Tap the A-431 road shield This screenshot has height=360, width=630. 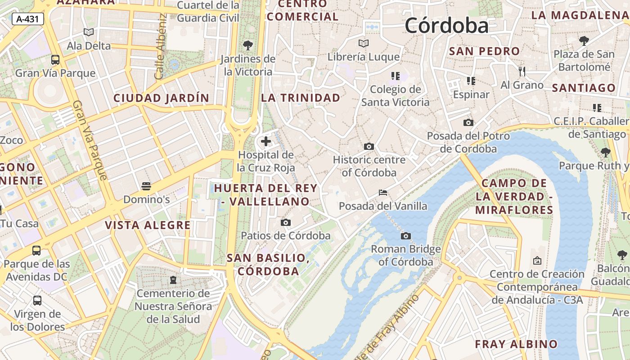point(28,19)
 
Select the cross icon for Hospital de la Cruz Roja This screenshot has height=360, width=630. point(266,141)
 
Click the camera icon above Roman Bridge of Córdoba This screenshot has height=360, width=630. point(406,236)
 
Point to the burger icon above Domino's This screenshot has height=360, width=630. point(146,186)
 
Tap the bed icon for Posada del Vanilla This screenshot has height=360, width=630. point(383,193)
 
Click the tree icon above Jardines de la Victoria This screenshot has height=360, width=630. point(247,45)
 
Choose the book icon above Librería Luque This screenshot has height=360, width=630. point(364,44)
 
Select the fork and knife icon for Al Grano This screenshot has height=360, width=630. point(522,71)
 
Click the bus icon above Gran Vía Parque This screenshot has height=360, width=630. point(55,60)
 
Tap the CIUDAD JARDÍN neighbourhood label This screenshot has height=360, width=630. point(161,98)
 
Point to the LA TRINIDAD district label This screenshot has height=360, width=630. point(301,98)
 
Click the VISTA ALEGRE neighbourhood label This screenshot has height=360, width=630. point(148,225)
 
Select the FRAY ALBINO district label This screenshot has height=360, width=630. point(516,344)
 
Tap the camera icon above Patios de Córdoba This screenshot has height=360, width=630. point(286,222)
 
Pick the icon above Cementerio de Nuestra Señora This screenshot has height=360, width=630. point(173,280)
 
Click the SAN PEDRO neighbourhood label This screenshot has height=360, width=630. point(485,51)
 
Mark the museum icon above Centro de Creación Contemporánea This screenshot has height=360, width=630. point(537,261)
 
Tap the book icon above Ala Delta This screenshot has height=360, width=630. point(89,32)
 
